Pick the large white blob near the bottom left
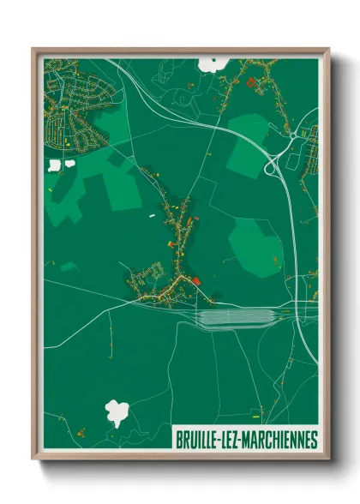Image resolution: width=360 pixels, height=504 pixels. point(117,412)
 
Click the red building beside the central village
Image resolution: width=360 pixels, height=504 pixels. point(198,279)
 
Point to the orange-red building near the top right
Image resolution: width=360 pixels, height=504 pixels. point(250,82)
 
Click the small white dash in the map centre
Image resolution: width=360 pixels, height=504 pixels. point(153,215)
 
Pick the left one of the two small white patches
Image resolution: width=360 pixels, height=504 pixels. point(55,165)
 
